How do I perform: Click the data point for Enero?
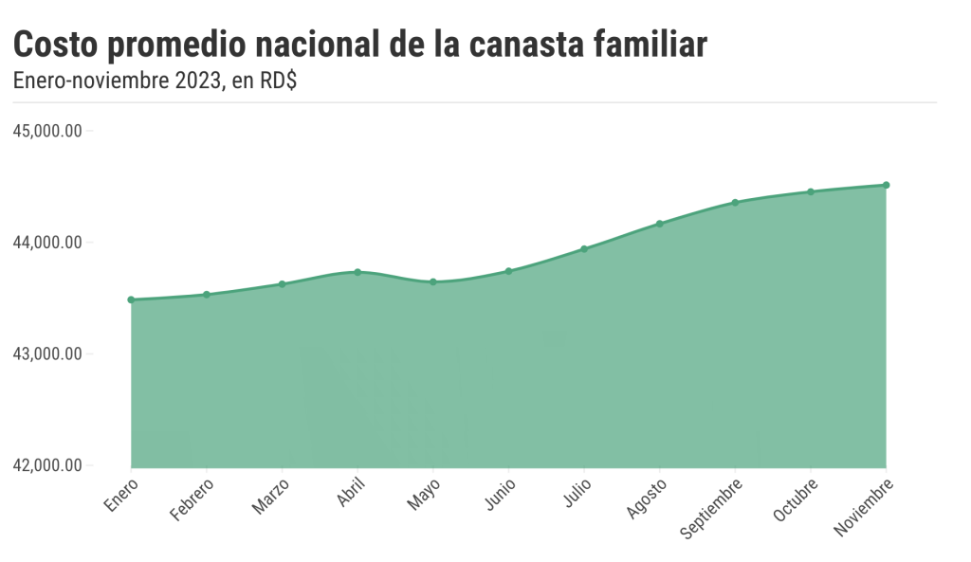(x=131, y=299)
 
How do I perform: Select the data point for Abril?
(x=357, y=272)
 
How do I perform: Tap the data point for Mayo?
(x=433, y=281)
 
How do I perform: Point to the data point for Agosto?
(x=660, y=224)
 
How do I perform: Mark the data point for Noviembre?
(x=886, y=185)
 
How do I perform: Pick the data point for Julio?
(x=584, y=249)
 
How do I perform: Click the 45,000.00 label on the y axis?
(x=46, y=131)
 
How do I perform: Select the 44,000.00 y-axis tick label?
(x=46, y=243)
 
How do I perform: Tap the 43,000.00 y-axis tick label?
(x=46, y=354)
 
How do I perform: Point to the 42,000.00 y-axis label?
(x=46, y=465)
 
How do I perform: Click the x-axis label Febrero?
(x=192, y=499)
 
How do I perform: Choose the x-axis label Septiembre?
(x=712, y=508)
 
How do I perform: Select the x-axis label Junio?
(x=500, y=495)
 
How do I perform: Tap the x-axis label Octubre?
(x=794, y=500)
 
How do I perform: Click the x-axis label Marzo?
(x=270, y=497)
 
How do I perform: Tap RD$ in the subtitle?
(x=278, y=82)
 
